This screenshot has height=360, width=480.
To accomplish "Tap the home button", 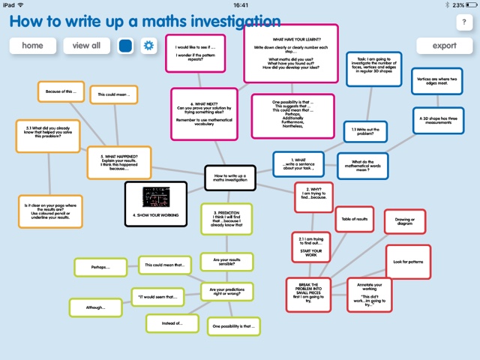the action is pyautogui.click(x=32, y=46).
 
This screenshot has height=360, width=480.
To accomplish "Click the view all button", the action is pyautogui.click(x=86, y=46).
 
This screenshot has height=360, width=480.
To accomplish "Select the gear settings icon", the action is pyautogui.click(x=148, y=46).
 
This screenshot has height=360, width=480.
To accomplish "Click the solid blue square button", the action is pyautogui.click(x=125, y=46).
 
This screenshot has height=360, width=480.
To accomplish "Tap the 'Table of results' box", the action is pyautogui.click(x=355, y=219).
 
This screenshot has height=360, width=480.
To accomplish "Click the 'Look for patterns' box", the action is pyautogui.click(x=408, y=262).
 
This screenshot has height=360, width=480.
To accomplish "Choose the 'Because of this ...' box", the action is pyautogui.click(x=61, y=92).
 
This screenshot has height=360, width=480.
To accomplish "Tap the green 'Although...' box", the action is pyautogui.click(x=95, y=307).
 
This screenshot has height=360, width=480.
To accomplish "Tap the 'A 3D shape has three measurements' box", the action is pyautogui.click(x=437, y=120).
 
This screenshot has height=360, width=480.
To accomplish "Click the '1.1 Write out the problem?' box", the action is pyautogui.click(x=365, y=132).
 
